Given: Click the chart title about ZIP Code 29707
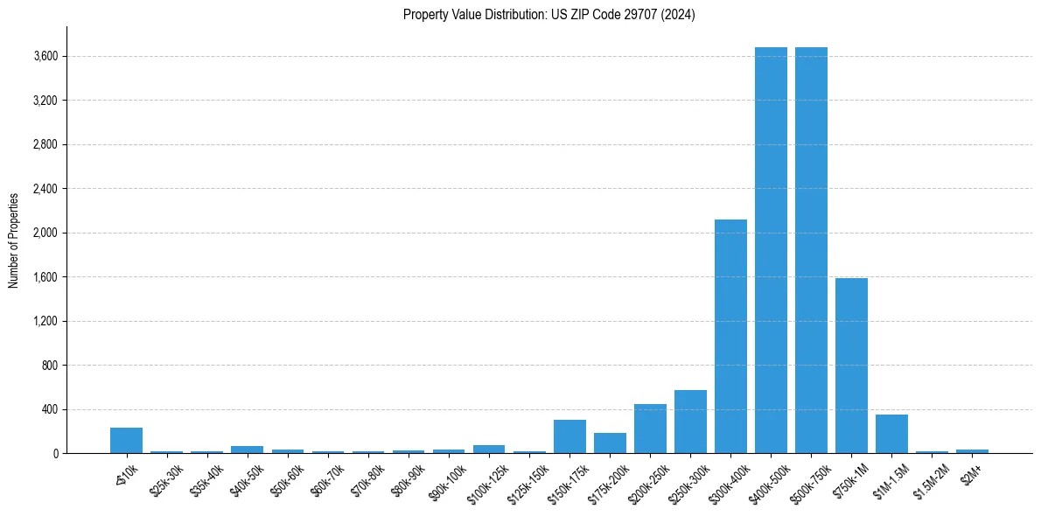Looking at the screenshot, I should click(x=548, y=15).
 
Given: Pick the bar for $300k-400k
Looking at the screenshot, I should click(x=730, y=337).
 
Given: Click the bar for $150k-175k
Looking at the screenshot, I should click(x=569, y=436).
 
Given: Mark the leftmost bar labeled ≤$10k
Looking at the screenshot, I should click(x=126, y=441).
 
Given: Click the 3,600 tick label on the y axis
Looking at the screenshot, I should click(x=45, y=57).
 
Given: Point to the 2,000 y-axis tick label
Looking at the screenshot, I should click(x=45, y=234).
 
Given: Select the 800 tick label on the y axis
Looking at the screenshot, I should click(x=49, y=366).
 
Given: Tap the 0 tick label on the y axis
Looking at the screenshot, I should click(x=54, y=454).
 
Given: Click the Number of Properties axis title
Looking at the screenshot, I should click(x=14, y=240).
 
